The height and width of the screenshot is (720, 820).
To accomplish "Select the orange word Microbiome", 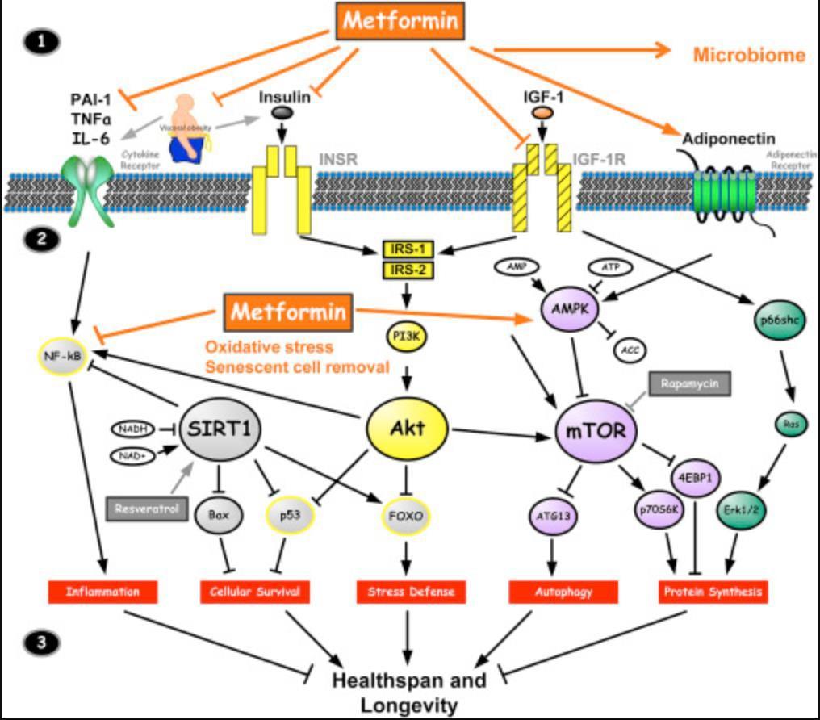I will coord(749,55).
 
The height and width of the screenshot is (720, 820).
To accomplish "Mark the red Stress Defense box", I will coord(411,592).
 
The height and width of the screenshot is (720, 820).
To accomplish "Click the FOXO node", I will coord(408,513).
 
